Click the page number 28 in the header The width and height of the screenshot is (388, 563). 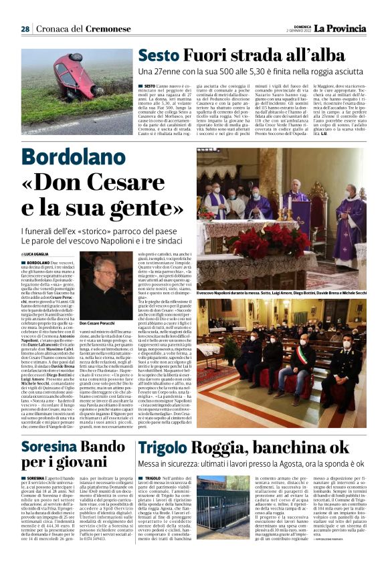[25, 29]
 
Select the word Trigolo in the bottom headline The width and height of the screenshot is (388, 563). [161, 448]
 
